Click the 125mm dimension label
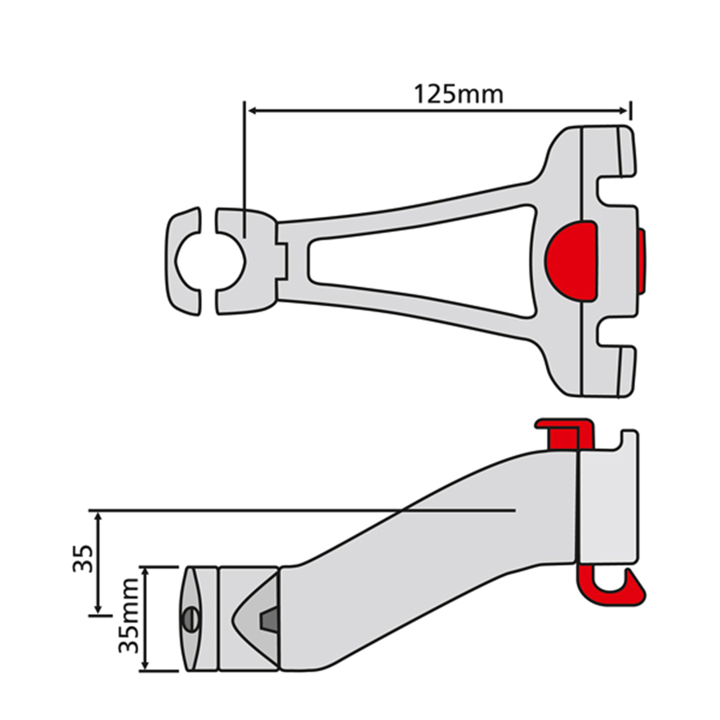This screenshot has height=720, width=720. pos(458,94)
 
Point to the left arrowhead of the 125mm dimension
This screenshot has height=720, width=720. pos(253,110)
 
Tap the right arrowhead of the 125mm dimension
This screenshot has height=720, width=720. pos(624,110)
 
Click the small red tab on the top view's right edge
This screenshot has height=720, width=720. pos(643,261)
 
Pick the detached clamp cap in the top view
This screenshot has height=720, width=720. pos(182,261)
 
